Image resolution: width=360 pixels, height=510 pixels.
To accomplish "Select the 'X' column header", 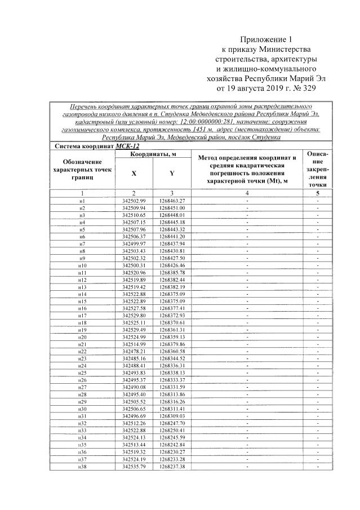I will tap(134, 174).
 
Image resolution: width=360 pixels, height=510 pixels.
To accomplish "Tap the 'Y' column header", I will tap(171, 174).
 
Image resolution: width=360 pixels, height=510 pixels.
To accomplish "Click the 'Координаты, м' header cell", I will tap(153, 154).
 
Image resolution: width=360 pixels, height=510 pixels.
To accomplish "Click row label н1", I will tap(82, 201).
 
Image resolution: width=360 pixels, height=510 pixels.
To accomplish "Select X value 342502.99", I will tap(134, 201).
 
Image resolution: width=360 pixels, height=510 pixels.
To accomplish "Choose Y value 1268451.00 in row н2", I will tap(172, 208).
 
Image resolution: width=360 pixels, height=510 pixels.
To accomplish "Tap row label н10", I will tap(82, 265).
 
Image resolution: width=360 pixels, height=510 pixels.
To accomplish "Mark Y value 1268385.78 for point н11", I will tap(172, 273).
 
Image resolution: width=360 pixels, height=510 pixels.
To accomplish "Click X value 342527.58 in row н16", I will tap(134, 309).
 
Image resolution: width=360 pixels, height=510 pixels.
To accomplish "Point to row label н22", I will tap(82, 352).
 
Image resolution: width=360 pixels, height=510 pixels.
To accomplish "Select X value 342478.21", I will tap(134, 352).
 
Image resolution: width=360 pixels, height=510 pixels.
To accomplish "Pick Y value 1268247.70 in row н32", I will tap(172, 423).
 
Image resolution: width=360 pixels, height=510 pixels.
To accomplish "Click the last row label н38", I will tap(82, 466).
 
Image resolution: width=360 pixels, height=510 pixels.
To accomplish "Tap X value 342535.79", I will tap(134, 466).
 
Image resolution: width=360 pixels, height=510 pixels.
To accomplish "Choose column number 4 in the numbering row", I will tap(247, 193).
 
